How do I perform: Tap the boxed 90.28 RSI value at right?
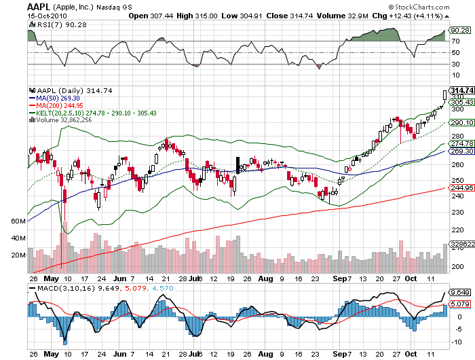click(x=460, y=30)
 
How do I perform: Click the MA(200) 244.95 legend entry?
click(x=58, y=106)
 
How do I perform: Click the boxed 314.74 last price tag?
click(x=461, y=90)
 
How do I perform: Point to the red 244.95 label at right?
click(x=461, y=187)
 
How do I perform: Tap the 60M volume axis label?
click(x=18, y=221)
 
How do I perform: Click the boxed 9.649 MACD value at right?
click(x=459, y=293)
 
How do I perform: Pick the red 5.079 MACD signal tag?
click(x=459, y=304)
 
